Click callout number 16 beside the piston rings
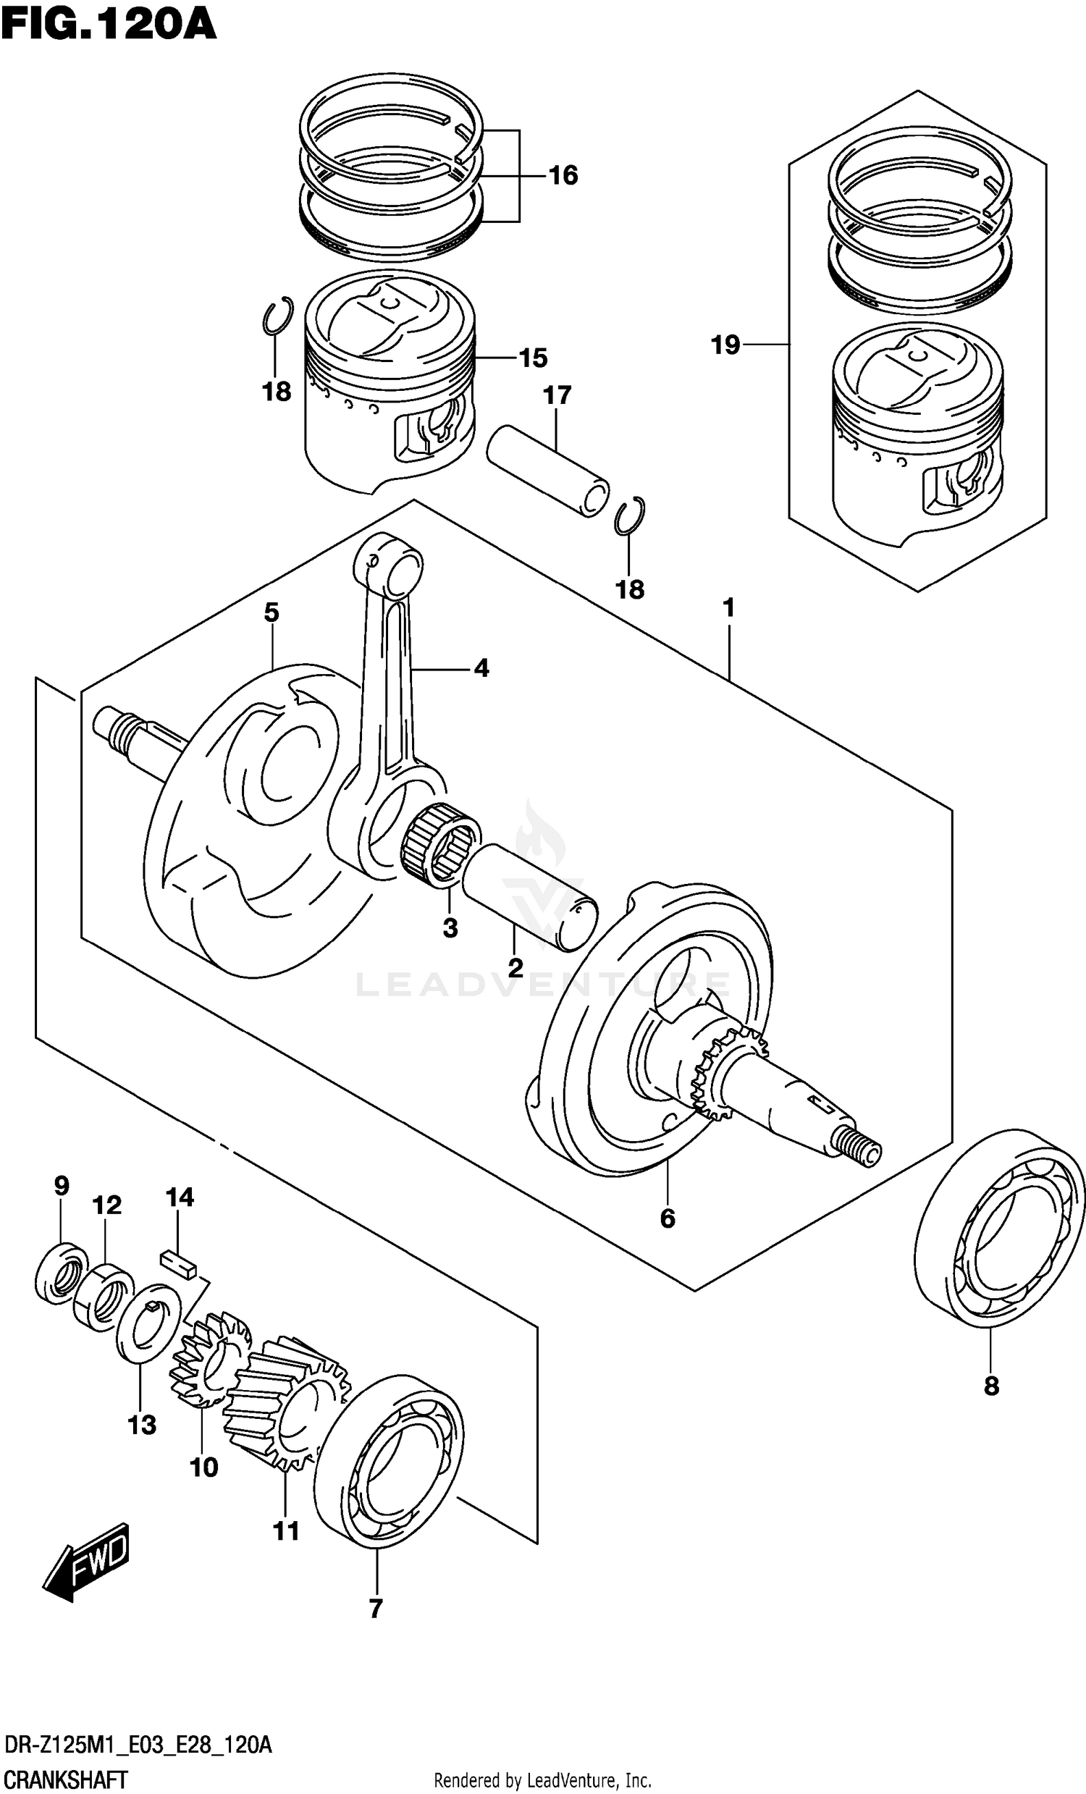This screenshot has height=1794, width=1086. (x=563, y=175)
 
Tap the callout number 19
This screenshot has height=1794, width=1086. (x=725, y=345)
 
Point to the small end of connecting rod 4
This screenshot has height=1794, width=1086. (x=388, y=565)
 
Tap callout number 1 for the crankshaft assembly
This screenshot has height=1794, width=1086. (x=728, y=608)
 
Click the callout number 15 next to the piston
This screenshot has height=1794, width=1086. (x=533, y=358)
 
